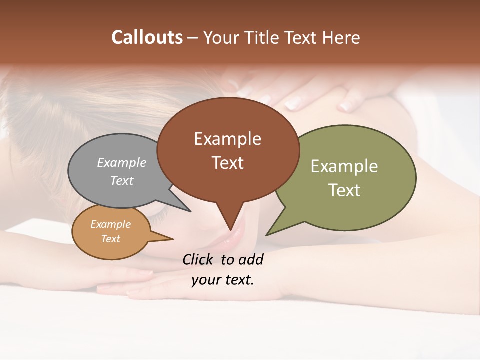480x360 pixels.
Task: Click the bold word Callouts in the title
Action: (x=147, y=37)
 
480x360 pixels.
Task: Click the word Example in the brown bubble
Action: (x=227, y=139)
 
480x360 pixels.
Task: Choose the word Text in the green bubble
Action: (x=344, y=190)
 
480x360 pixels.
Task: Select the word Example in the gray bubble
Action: (x=122, y=163)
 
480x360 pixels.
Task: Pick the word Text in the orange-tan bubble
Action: (x=111, y=239)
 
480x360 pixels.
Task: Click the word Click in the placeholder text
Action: (x=198, y=259)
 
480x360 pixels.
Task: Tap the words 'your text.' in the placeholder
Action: (x=222, y=280)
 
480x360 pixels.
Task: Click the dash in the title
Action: (x=193, y=38)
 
